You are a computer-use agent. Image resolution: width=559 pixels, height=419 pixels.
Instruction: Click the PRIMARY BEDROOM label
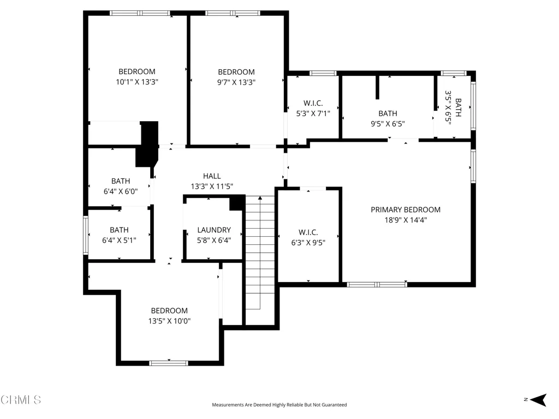(406, 209)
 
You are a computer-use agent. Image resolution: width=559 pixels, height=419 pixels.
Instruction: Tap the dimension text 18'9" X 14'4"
(406, 220)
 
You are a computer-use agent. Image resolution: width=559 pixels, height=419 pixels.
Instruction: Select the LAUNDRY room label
(214, 230)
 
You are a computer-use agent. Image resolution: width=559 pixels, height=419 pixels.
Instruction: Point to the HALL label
(212, 176)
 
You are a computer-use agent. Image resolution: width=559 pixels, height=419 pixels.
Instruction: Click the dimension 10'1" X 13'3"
(137, 82)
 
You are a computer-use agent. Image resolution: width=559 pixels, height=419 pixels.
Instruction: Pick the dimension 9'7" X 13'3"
(236, 82)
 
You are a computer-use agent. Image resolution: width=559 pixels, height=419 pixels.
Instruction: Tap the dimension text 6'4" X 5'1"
(119, 240)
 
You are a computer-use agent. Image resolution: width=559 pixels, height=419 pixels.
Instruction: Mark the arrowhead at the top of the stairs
(260, 197)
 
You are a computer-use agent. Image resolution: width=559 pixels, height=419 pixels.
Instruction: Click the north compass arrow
(538, 400)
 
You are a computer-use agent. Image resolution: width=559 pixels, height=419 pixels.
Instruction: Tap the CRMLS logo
(21, 399)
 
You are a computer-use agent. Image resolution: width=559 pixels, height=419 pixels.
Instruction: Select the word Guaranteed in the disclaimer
(334, 405)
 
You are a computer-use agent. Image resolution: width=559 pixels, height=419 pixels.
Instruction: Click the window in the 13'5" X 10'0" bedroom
(168, 363)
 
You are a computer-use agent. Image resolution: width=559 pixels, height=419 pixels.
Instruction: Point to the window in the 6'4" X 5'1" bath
(86, 235)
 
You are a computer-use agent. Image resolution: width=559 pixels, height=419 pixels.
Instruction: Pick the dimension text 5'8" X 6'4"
(214, 240)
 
